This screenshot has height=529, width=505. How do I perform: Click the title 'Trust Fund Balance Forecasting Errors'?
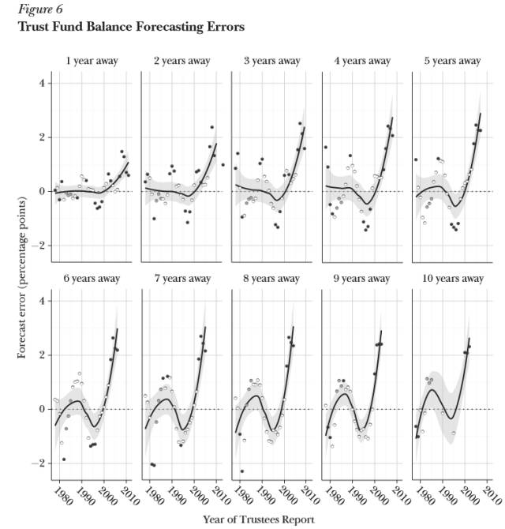tap(130, 27)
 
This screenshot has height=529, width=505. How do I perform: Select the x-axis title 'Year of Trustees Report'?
tap(258, 519)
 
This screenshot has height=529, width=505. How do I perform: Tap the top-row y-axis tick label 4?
tap(42, 84)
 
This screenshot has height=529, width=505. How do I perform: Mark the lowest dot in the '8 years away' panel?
tap(241, 471)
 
